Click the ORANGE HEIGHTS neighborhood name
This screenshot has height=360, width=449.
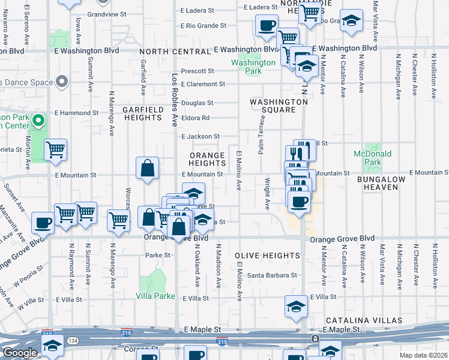pyautogui.click(x=207, y=159)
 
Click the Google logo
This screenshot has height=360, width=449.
pyautogui.click(x=19, y=353)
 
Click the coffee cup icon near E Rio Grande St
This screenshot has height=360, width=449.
pyautogui.click(x=267, y=26)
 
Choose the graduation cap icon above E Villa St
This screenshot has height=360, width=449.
pyautogui.click(x=296, y=307)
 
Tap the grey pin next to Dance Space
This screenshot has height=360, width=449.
pyautogui.click(x=61, y=82)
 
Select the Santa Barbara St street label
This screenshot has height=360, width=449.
pyautogui.click(x=273, y=275)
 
